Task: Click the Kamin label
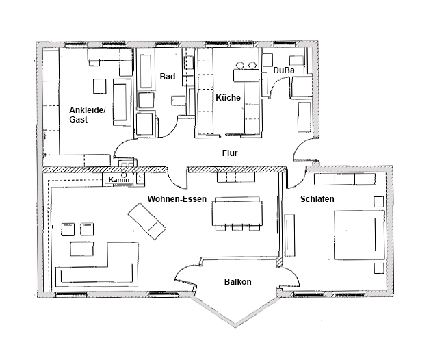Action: (x=119, y=180)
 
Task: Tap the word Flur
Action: (x=230, y=153)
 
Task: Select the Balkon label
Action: (x=238, y=281)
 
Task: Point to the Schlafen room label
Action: (x=317, y=199)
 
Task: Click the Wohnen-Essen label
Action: (x=177, y=199)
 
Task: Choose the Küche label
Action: (x=228, y=97)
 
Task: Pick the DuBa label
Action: (x=284, y=70)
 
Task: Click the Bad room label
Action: (x=168, y=76)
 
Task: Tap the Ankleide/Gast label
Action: (x=88, y=115)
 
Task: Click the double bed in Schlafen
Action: (x=359, y=235)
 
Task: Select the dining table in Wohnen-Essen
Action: (x=237, y=213)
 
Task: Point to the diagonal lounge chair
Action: (x=147, y=221)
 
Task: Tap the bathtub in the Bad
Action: (x=146, y=71)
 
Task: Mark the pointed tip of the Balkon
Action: (x=235, y=326)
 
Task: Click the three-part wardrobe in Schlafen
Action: (x=345, y=179)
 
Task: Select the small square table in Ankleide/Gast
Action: (x=99, y=86)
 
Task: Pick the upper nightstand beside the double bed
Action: (x=379, y=202)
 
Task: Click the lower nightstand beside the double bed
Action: (x=379, y=268)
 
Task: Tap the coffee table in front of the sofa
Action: (x=82, y=249)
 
